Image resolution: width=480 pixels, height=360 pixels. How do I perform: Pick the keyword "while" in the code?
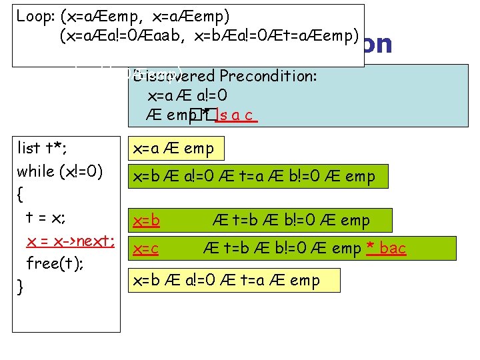[36, 171]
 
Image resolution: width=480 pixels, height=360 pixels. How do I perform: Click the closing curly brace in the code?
[21, 287]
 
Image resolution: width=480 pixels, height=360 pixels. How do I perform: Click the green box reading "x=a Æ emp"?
[175, 149]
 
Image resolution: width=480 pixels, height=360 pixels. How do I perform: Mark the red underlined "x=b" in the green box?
[145, 220]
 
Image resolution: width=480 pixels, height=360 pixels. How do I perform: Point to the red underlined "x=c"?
[145, 249]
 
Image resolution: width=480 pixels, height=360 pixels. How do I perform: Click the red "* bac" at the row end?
[387, 249]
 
